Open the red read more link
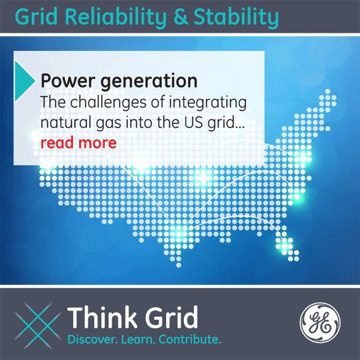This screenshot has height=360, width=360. [79, 143]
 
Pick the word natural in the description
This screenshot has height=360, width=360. [64, 122]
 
